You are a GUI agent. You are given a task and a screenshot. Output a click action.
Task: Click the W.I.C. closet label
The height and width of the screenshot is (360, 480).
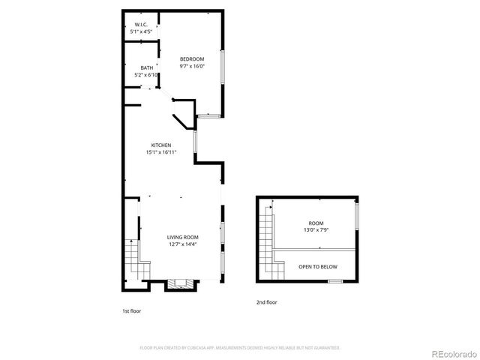point(140,25)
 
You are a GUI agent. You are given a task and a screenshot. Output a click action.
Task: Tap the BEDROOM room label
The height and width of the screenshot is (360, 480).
point(192,59)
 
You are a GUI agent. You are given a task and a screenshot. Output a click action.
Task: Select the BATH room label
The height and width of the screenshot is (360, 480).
point(146,68)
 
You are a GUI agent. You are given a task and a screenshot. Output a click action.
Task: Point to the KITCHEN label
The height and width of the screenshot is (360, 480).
point(161,145)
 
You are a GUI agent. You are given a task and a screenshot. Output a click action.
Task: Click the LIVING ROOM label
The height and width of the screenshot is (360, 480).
point(182,237)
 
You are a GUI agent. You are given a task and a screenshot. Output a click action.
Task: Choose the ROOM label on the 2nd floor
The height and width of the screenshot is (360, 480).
point(316,223)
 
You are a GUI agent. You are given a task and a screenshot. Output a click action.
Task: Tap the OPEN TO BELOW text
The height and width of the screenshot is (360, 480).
point(318,266)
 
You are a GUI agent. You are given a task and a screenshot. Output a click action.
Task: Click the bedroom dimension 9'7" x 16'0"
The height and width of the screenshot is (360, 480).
point(192,66)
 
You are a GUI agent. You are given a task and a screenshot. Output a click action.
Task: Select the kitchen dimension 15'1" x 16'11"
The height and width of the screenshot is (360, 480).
point(161,152)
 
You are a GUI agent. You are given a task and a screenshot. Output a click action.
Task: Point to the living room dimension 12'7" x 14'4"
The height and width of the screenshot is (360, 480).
point(182,244)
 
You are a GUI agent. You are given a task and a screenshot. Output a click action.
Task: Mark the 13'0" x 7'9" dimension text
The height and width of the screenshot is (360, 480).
point(316,230)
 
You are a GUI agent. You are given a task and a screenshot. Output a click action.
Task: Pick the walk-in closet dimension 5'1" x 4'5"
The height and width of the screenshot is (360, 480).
point(141,31)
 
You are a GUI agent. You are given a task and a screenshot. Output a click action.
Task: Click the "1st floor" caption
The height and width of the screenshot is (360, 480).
point(131,310)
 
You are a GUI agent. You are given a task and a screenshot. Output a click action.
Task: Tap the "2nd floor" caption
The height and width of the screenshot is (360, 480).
point(266,302)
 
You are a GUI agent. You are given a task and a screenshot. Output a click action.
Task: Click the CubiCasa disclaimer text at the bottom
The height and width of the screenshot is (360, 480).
point(240,348)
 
